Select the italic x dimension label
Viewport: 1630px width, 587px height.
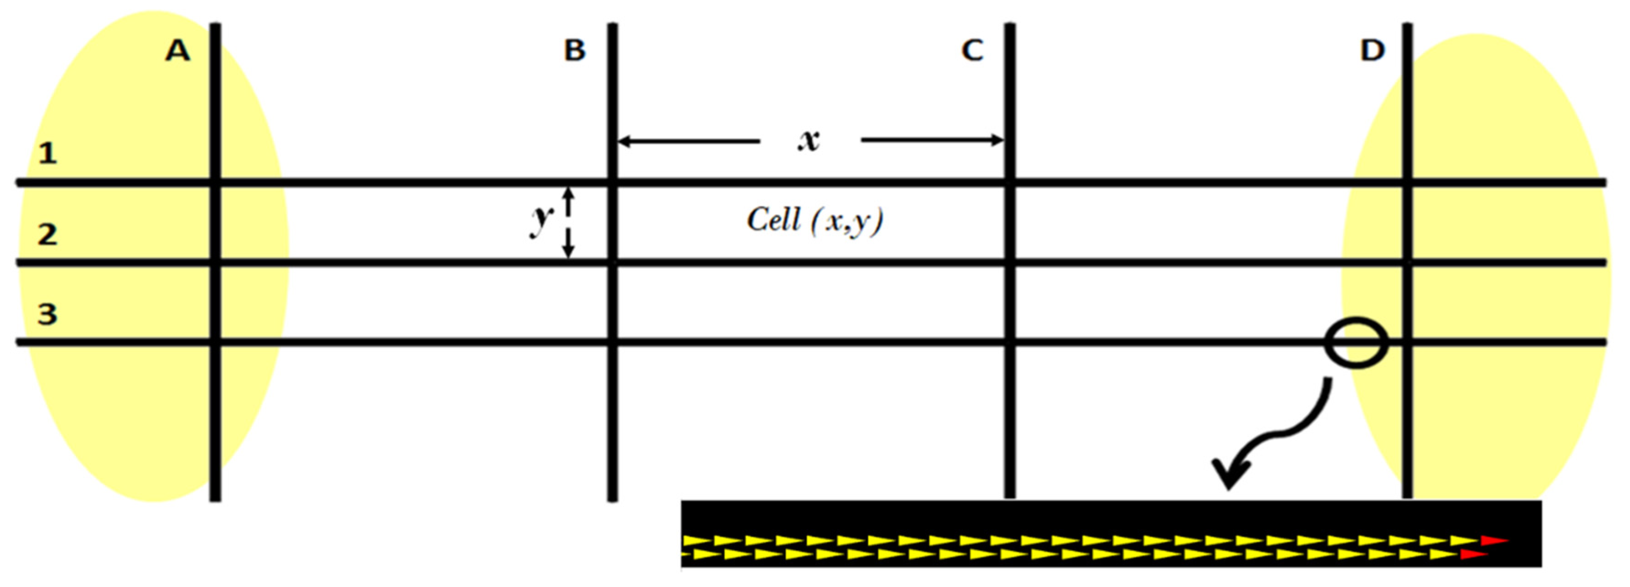coord(809,140)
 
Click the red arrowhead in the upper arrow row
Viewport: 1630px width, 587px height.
coord(1493,541)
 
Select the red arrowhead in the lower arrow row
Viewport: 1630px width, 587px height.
coord(1473,554)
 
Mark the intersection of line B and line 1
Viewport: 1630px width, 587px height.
coord(612,182)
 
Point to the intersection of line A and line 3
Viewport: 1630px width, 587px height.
coord(215,342)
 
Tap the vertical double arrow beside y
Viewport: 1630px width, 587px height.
coord(568,223)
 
